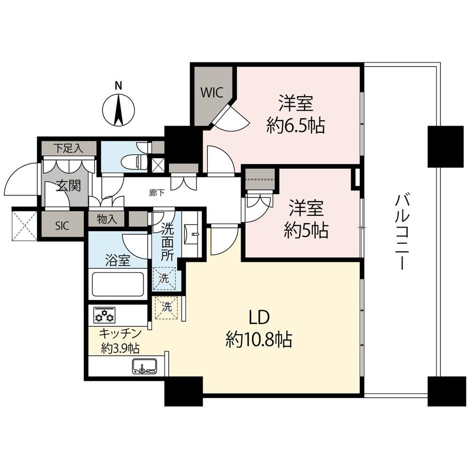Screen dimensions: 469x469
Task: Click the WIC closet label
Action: [x=212, y=92]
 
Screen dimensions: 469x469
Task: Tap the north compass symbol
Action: [x=119, y=110]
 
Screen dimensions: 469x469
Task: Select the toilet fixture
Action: [x=135, y=162]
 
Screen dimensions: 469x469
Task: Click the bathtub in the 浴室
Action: [x=118, y=284]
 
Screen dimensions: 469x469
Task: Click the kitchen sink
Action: [x=144, y=366]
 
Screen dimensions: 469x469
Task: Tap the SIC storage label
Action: [x=62, y=225]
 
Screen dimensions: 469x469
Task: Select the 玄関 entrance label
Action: [x=69, y=186]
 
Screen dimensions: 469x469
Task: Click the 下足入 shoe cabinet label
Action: [x=68, y=148]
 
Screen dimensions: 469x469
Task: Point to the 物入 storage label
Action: [x=107, y=219]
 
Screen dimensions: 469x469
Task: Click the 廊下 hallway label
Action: [x=157, y=193]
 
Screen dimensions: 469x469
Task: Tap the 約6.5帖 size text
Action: [x=295, y=126]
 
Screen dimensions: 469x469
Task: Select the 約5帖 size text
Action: [x=306, y=231]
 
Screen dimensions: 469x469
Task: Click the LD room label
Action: [x=260, y=318]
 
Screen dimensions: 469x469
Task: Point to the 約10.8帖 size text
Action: [x=259, y=340]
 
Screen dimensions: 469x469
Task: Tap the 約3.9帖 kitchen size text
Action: [x=120, y=348]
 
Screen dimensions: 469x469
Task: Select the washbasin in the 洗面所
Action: [x=192, y=233]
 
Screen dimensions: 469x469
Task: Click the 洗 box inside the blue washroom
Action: [x=164, y=279]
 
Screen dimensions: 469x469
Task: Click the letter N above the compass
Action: [x=119, y=86]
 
